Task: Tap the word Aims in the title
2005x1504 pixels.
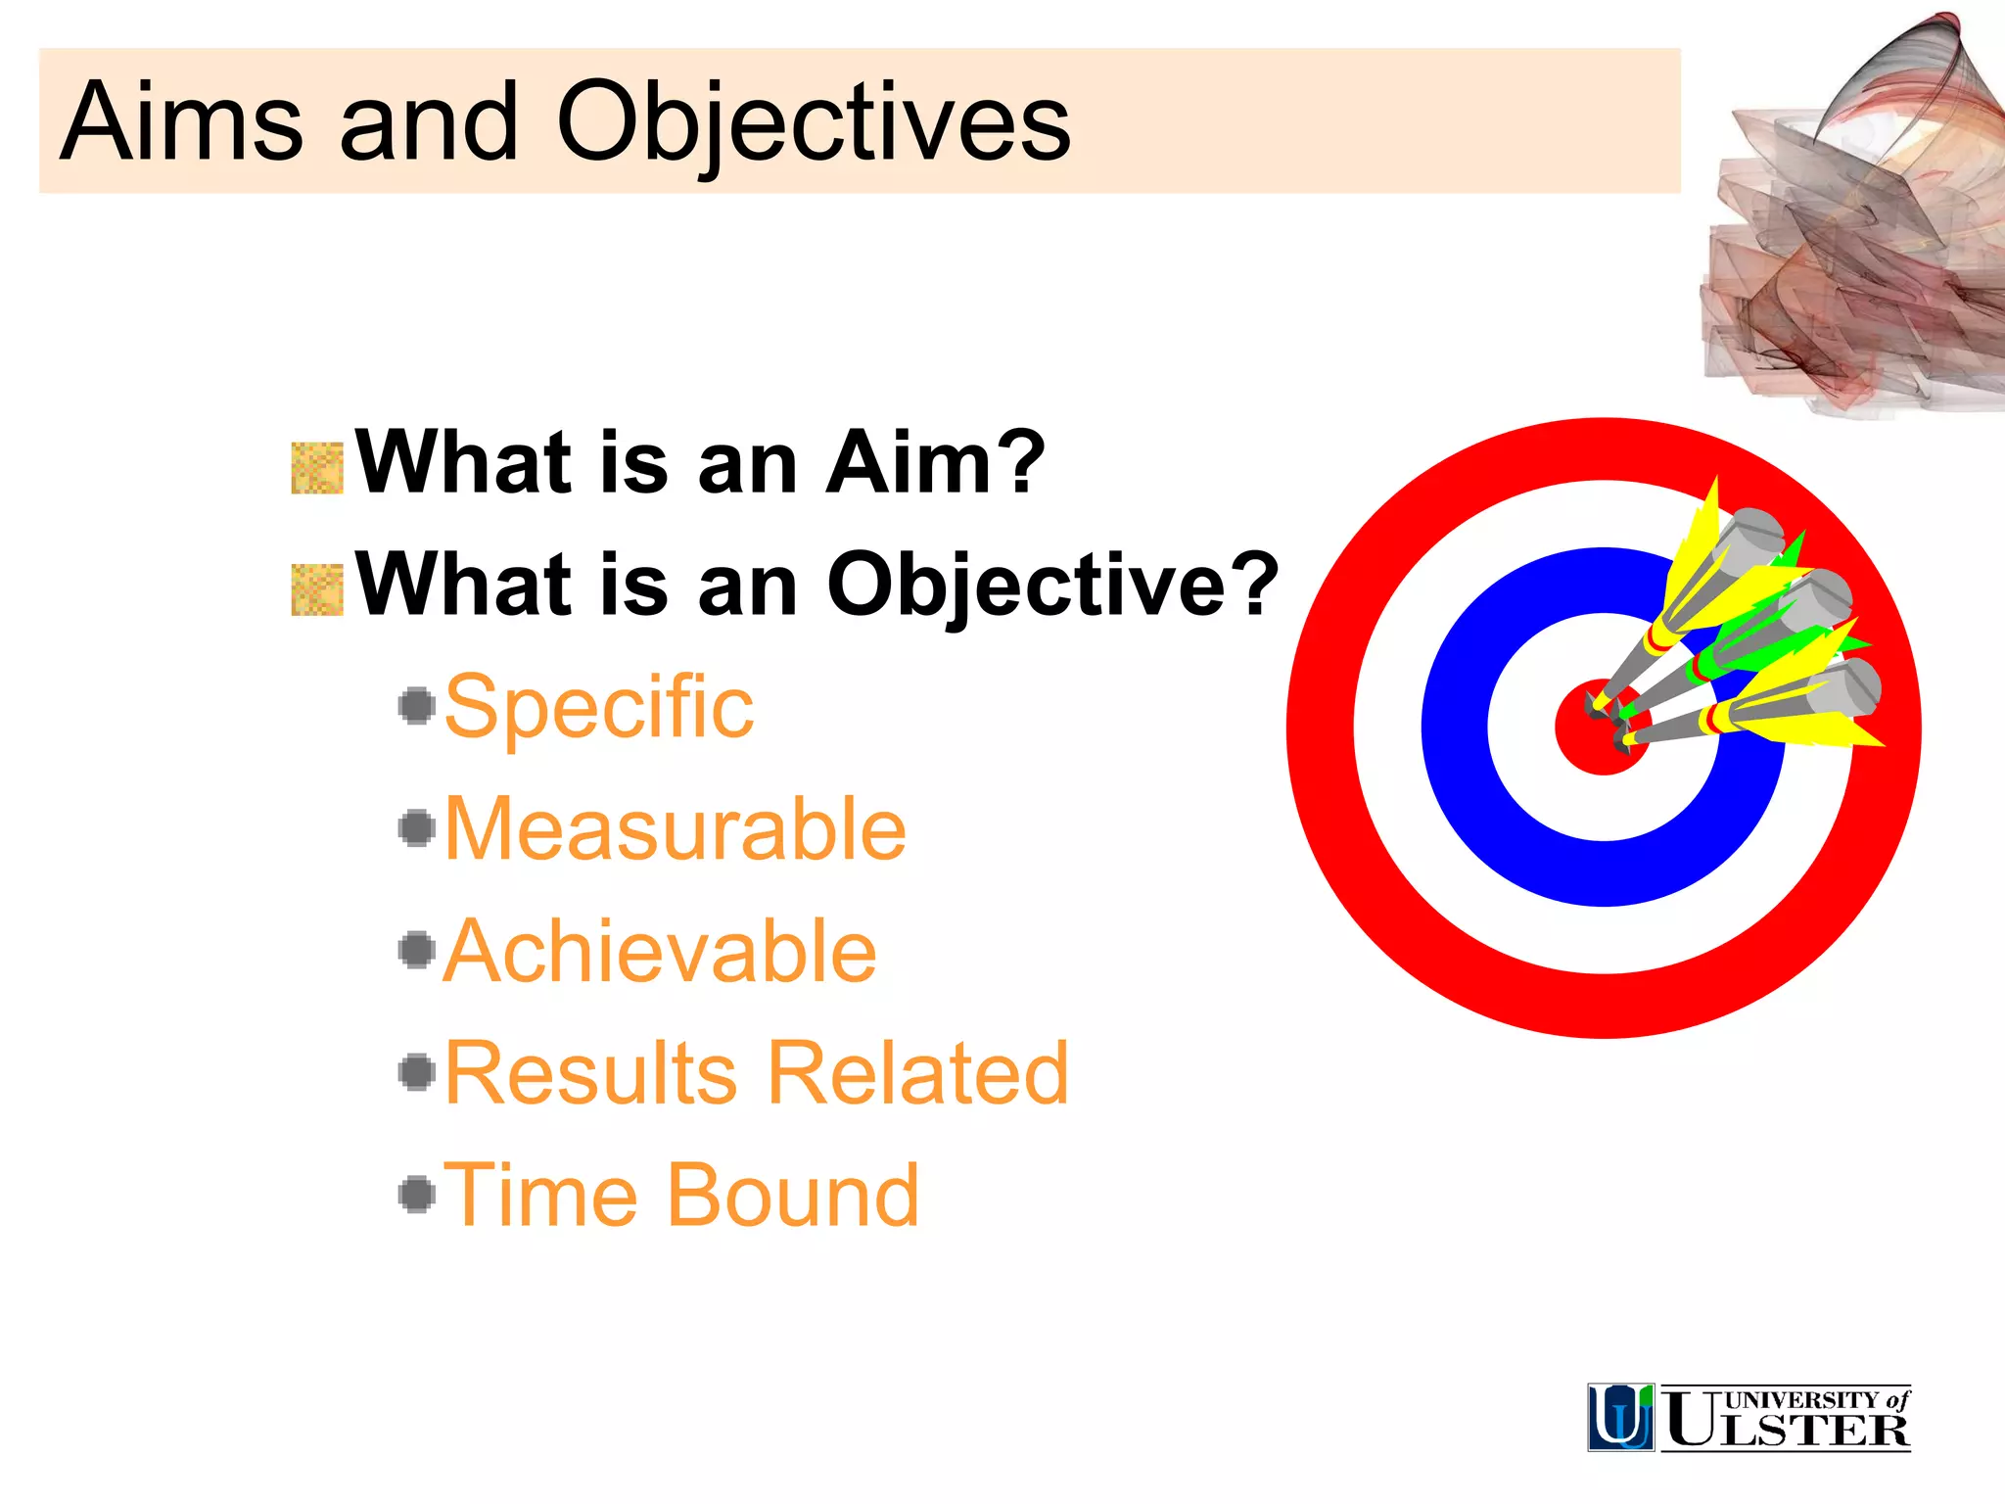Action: tap(181, 122)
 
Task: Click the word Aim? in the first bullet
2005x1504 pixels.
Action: tap(935, 462)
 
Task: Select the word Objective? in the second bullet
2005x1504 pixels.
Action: tap(1052, 585)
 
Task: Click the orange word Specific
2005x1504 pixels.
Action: tap(599, 706)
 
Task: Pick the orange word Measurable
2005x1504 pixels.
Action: tap(676, 829)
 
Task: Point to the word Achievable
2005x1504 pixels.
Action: tap(661, 951)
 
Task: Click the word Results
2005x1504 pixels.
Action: tap(590, 1073)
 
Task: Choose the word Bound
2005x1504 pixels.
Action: tap(793, 1195)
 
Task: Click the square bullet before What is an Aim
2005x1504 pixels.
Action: tap(317, 468)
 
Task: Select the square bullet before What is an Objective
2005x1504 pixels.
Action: tap(317, 589)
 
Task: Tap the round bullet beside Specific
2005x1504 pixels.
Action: tap(418, 705)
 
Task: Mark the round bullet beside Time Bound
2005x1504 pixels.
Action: tap(418, 1194)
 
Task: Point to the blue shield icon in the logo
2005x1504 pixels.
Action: tap(1620, 1417)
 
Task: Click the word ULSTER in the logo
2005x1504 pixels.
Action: tap(1787, 1430)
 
